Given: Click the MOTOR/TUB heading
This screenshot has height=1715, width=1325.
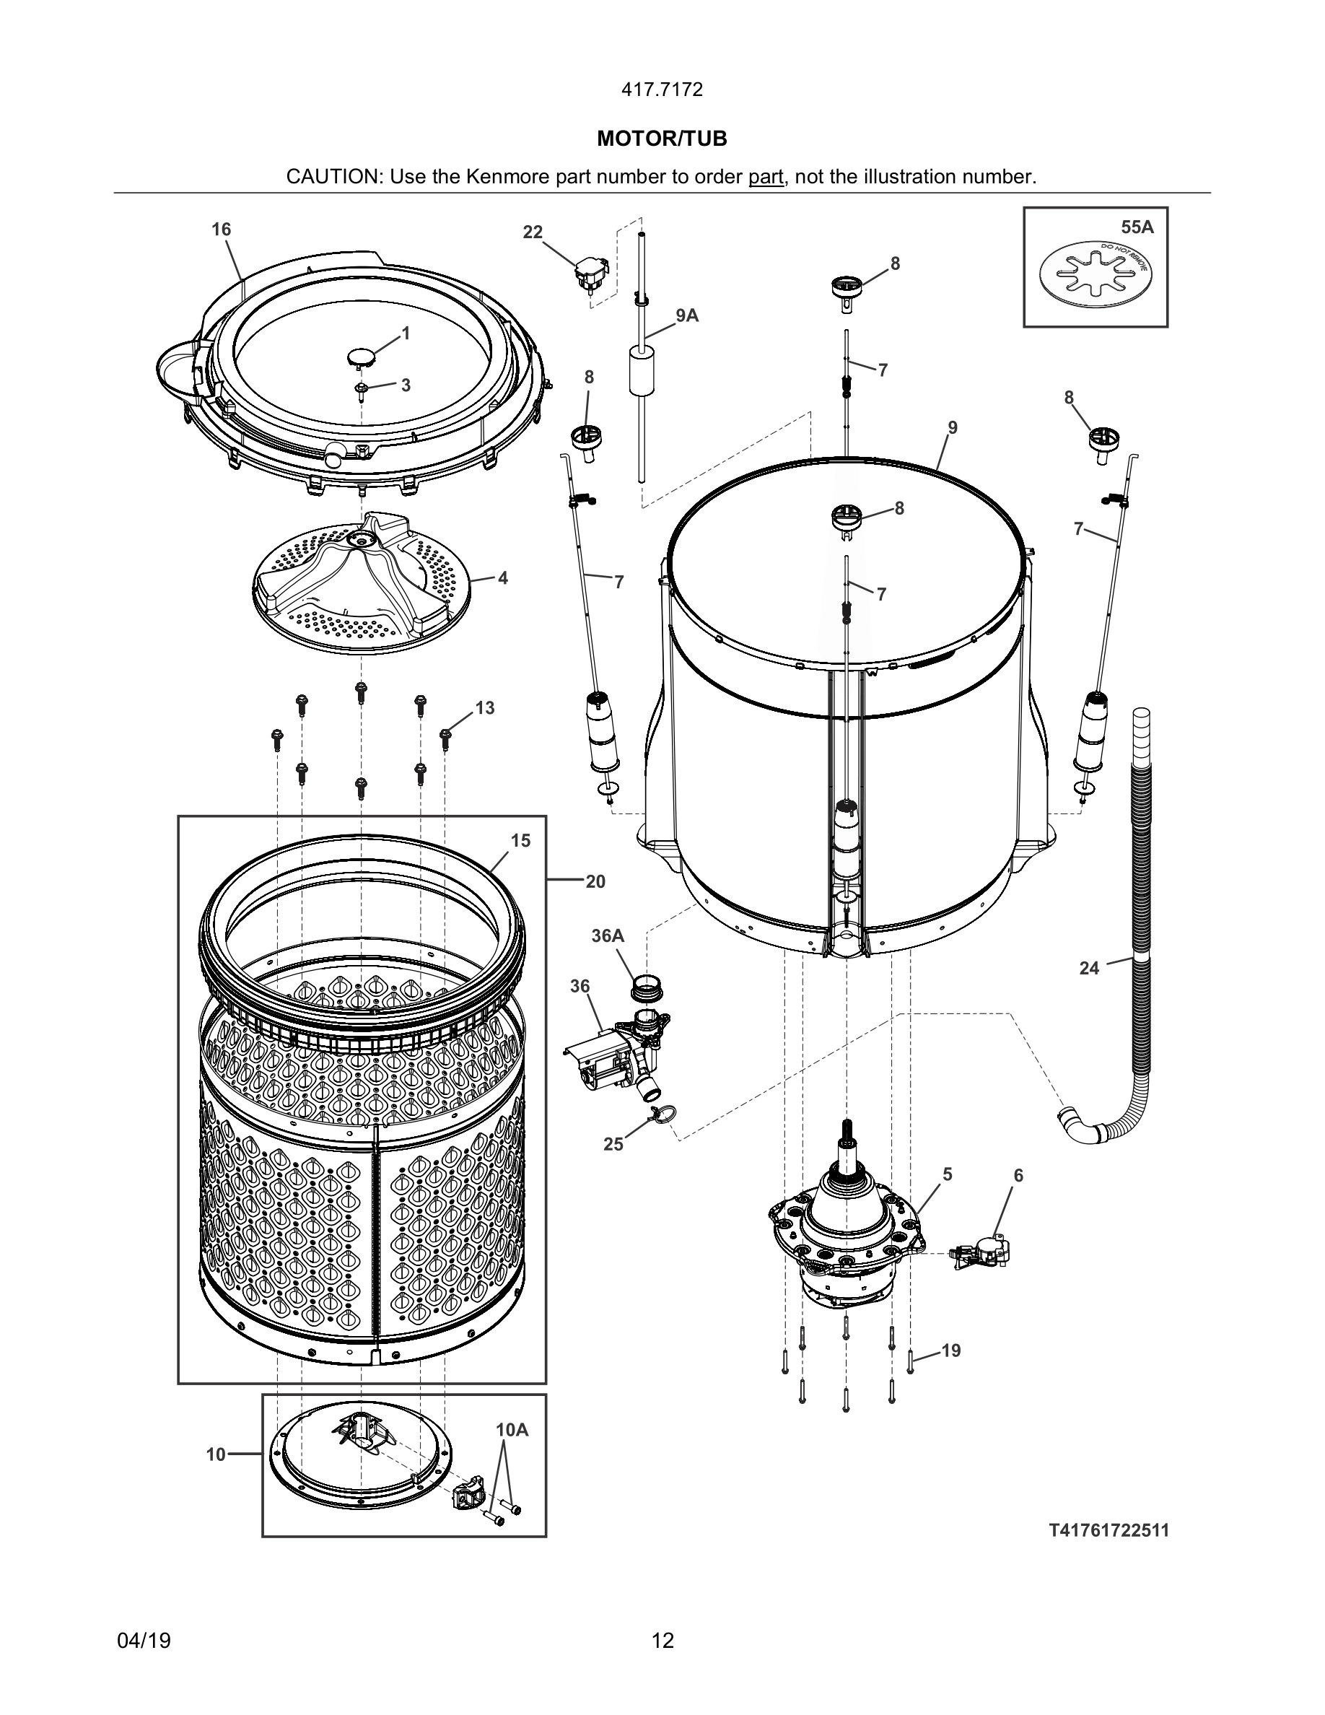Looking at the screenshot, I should (x=662, y=139).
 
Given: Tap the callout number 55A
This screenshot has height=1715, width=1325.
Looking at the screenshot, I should (x=1137, y=227).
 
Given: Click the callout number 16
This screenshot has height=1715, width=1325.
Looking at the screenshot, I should (x=222, y=230).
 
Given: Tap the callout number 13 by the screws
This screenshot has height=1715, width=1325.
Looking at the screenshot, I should (x=484, y=707).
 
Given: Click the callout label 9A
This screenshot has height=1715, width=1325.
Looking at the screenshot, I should (x=687, y=315).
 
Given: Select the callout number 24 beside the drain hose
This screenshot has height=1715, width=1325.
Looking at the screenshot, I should (x=1089, y=968).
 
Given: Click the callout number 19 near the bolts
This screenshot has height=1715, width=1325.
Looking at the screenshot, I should (x=950, y=1350).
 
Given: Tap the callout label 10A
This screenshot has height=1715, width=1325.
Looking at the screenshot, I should (x=512, y=1431).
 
